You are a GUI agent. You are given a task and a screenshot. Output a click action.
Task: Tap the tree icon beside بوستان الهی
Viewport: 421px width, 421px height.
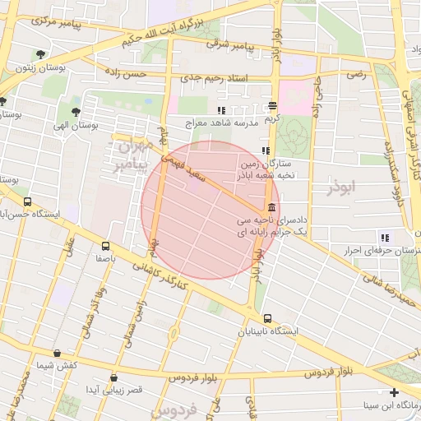[x=76, y=112]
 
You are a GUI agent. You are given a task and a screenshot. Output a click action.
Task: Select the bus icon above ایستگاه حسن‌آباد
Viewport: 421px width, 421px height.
[x=28, y=201]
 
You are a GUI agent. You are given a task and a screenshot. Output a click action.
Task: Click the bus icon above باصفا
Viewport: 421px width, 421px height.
[x=105, y=245]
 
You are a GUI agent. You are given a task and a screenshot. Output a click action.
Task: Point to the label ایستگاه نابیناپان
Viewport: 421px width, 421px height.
[x=266, y=332]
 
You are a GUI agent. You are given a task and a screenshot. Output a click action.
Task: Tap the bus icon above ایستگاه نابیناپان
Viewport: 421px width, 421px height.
[x=267, y=318]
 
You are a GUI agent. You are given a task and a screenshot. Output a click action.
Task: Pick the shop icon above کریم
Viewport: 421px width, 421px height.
[x=272, y=106]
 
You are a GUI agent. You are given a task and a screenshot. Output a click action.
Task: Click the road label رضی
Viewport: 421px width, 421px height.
[x=354, y=74]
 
